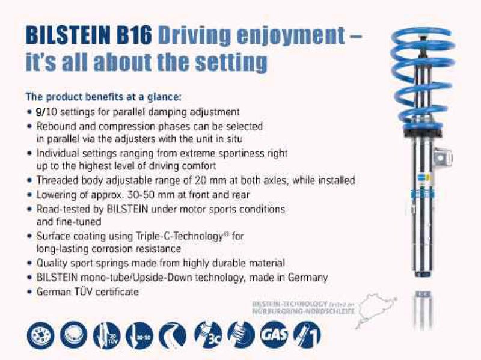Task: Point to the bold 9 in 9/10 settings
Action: pyautogui.click(x=38, y=111)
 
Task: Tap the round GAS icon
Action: pyautogui.click(x=274, y=335)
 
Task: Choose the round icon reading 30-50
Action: pyautogui.click(x=142, y=335)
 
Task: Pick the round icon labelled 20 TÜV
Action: pyautogui.click(x=109, y=335)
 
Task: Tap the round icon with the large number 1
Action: pyautogui.click(x=307, y=335)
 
